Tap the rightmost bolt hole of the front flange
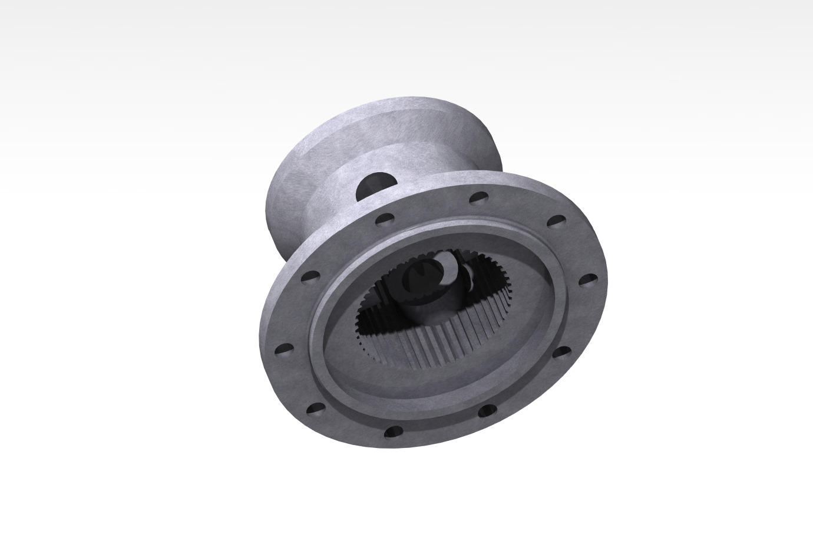(x=587, y=279)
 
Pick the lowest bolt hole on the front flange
(x=393, y=433)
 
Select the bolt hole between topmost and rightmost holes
(x=556, y=222)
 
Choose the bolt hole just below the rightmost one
(x=563, y=353)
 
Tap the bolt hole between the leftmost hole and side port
(x=309, y=275)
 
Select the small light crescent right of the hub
(x=470, y=277)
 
